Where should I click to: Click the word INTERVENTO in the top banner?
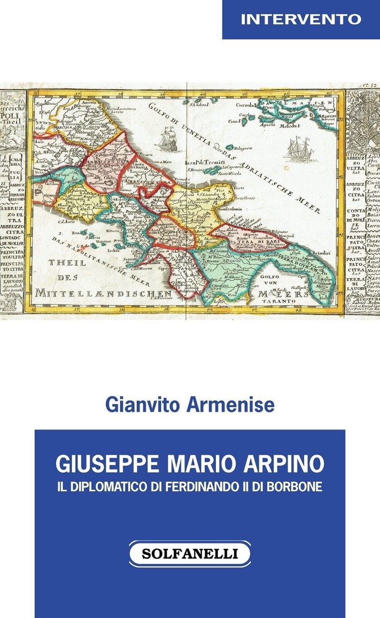(x=301, y=19)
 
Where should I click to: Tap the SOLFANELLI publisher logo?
(x=190, y=554)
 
